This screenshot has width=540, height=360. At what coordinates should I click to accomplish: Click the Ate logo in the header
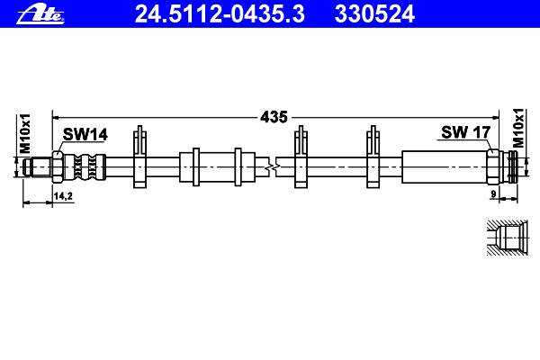[x=40, y=14]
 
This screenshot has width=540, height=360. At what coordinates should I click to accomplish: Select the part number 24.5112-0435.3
[x=220, y=14]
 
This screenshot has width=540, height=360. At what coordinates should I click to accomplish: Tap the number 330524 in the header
[x=374, y=14]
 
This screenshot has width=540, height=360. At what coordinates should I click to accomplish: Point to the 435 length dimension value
[x=274, y=117]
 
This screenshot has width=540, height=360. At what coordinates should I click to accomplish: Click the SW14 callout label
[x=85, y=134]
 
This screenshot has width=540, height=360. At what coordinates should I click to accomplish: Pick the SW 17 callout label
[x=465, y=132]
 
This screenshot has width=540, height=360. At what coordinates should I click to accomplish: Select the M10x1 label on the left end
[x=25, y=133]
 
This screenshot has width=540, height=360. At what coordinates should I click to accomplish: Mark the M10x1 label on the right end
[x=518, y=128]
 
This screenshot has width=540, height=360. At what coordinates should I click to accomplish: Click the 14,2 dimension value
[x=63, y=196]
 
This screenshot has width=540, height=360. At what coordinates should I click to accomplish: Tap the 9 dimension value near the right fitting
[x=493, y=194]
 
